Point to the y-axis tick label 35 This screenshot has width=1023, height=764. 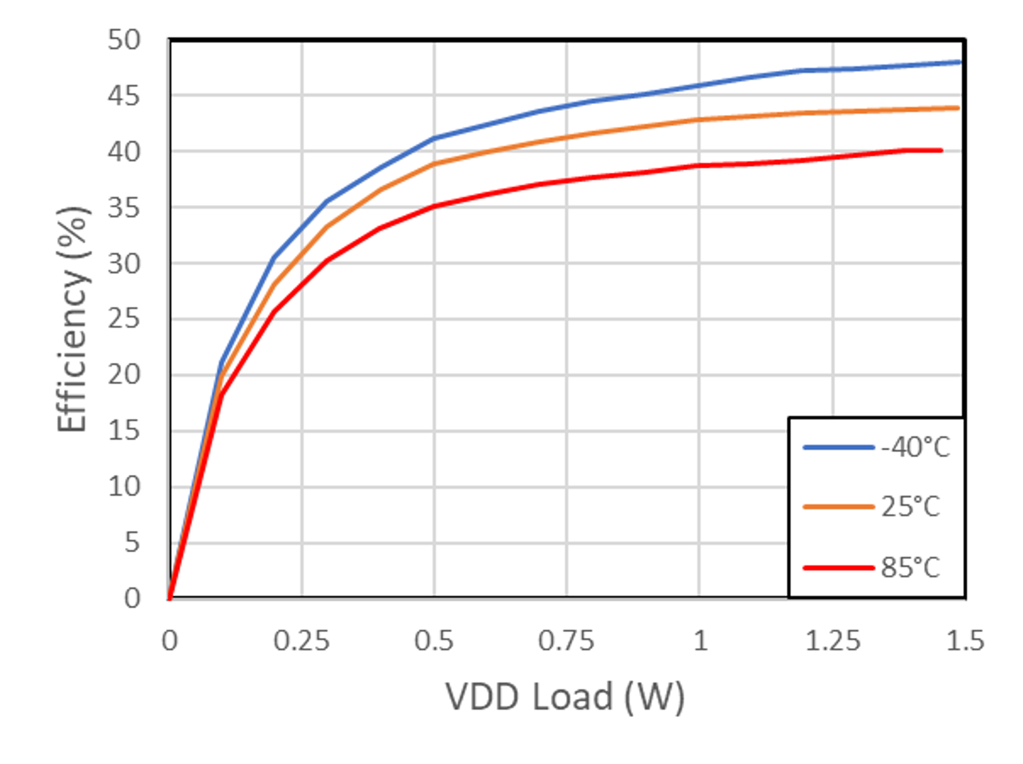tap(123, 208)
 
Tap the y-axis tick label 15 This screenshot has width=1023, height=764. tap(123, 431)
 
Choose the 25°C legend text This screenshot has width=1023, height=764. tap(910, 507)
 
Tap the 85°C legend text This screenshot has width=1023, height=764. tap(910, 568)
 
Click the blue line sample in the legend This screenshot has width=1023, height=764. tap(838, 447)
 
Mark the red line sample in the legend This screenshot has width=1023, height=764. tap(838, 568)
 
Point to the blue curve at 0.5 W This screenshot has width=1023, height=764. tap(434, 138)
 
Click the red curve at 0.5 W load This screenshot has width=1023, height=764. tap(434, 206)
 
